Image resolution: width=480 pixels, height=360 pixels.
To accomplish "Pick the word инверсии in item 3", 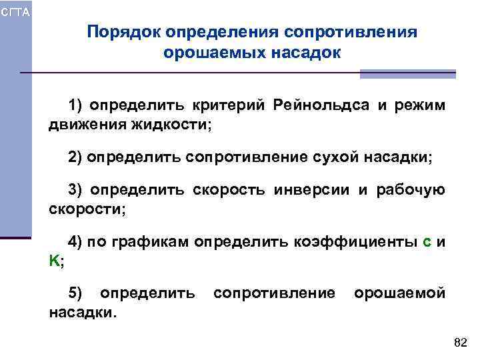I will point(314,191).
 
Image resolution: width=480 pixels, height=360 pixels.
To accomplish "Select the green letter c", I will point(427,243).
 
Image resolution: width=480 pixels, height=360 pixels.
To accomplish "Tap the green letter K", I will point(53,261).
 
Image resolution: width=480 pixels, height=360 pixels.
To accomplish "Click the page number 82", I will point(460,343).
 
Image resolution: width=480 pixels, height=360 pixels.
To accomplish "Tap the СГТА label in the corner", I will point(15,12).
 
